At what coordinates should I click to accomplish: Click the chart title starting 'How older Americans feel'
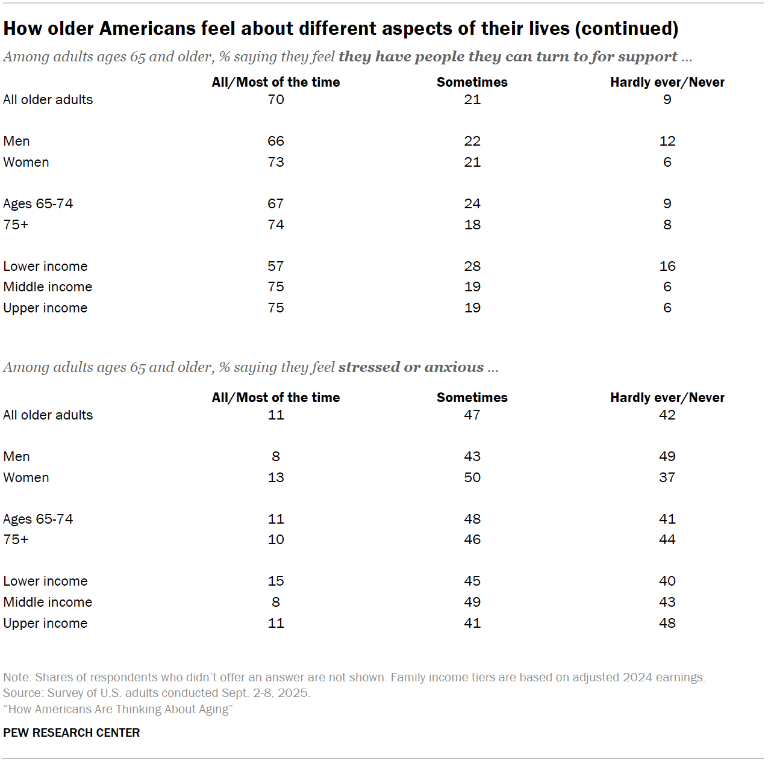[x=340, y=28]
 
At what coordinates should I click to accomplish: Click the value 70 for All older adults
[x=276, y=99]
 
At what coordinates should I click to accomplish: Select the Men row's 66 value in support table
[x=276, y=141]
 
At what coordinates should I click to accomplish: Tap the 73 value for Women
[x=276, y=162]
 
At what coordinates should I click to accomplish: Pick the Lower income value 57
[x=276, y=266]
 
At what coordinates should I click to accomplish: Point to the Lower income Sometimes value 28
[x=472, y=266]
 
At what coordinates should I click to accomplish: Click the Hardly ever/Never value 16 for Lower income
[x=667, y=266]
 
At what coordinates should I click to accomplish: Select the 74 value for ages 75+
[x=276, y=225]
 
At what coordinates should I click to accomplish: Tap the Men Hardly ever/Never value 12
[x=667, y=141]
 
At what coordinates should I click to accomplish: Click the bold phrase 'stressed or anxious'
[x=411, y=367]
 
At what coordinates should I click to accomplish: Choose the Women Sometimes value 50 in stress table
[x=472, y=477]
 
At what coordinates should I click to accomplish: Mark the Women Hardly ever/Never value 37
[x=667, y=477]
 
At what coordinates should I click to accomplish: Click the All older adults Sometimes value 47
[x=472, y=415]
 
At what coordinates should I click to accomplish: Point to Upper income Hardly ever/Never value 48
[x=667, y=623]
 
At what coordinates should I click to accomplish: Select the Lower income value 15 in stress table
[x=276, y=581]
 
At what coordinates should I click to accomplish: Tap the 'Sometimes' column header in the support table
[x=472, y=82]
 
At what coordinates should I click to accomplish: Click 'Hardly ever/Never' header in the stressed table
[x=667, y=398]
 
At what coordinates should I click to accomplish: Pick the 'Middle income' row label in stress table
[x=48, y=602]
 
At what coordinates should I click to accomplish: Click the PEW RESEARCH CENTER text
[x=71, y=733]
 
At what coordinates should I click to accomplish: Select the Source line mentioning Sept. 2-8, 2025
[x=157, y=693]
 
